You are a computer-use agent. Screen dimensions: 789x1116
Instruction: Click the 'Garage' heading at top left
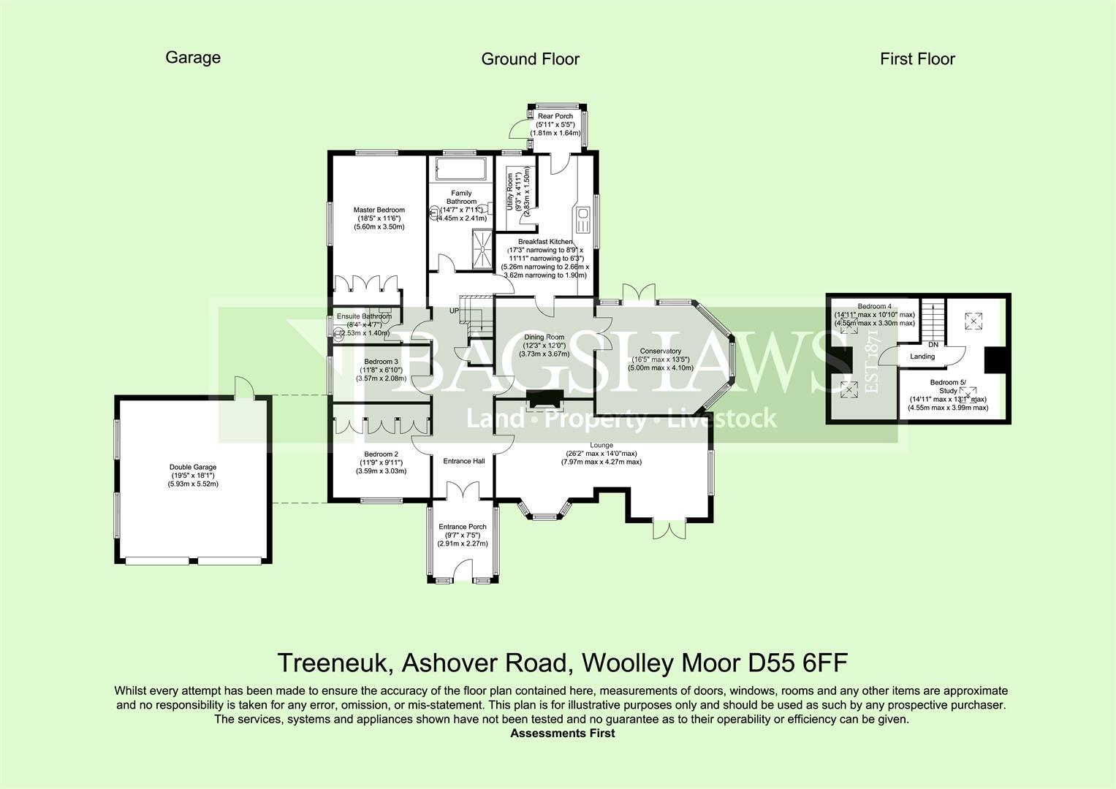pyautogui.click(x=193, y=58)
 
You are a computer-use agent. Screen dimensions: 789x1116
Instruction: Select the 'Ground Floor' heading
pyautogui.click(x=530, y=59)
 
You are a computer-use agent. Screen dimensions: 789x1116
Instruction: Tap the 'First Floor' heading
pyautogui.click(x=917, y=59)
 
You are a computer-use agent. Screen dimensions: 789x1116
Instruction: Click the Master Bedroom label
pyautogui.click(x=379, y=210)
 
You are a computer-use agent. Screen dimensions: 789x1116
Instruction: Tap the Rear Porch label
pyautogui.click(x=555, y=116)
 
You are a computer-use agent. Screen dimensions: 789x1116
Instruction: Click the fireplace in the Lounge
pyautogui.click(x=545, y=399)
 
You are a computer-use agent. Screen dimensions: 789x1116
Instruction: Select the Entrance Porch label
pyautogui.click(x=462, y=527)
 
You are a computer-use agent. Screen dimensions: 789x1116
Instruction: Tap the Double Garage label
pyautogui.click(x=193, y=468)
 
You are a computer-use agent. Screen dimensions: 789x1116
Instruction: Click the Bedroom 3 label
pyautogui.click(x=381, y=362)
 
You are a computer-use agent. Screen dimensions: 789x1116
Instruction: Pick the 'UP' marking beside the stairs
pyautogui.click(x=454, y=310)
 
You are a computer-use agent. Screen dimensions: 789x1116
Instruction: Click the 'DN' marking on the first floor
pyautogui.click(x=933, y=344)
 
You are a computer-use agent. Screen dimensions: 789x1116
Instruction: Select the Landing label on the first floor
pyautogui.click(x=922, y=357)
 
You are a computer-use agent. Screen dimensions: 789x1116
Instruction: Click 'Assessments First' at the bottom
pyautogui.click(x=562, y=733)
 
